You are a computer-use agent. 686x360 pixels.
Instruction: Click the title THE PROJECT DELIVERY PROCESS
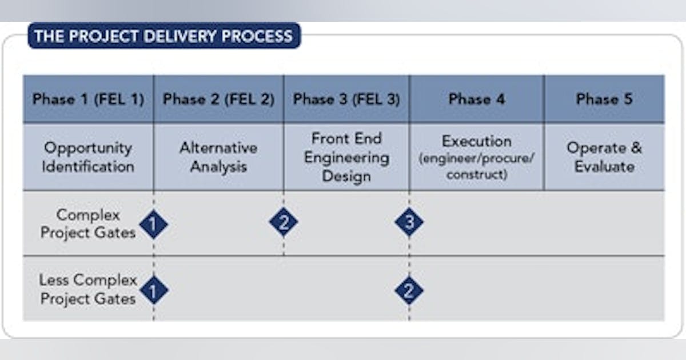point(163,36)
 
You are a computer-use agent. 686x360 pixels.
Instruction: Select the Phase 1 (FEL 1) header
point(88,99)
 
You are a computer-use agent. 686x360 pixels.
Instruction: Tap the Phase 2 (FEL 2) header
point(218,99)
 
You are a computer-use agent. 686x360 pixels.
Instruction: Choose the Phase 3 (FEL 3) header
point(346,99)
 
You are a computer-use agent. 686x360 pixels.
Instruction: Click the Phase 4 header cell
point(476,99)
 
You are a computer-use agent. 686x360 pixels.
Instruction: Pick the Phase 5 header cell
point(604,99)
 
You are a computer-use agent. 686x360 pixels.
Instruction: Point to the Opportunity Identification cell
point(88,157)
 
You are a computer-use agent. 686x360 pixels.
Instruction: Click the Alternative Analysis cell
point(218,157)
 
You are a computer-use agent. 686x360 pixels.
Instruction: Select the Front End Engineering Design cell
point(346,157)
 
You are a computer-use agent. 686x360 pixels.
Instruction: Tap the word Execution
point(476,141)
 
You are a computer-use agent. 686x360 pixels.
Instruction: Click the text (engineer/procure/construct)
point(476,166)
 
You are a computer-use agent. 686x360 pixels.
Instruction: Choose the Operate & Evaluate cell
point(604,157)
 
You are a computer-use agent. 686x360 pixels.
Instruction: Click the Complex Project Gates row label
point(88,223)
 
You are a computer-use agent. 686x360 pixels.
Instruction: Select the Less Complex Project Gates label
point(88,290)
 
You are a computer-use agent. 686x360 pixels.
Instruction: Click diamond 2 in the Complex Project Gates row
point(284,222)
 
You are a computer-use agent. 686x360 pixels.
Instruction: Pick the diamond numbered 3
point(409,222)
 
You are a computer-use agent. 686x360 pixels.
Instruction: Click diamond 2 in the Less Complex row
point(409,290)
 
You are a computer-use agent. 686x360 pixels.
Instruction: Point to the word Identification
point(88,167)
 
